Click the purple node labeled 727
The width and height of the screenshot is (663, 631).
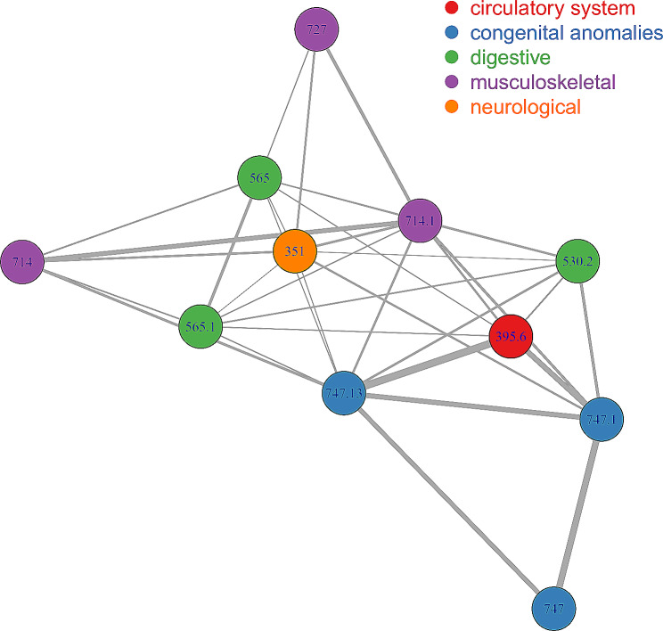[x=316, y=29]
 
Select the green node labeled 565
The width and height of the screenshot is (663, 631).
[x=259, y=177]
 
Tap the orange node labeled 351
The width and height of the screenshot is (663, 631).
[x=295, y=251]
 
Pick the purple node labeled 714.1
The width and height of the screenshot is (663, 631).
[x=420, y=220]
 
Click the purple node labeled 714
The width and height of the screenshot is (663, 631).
[x=22, y=262]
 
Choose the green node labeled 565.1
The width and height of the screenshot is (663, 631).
[x=201, y=326]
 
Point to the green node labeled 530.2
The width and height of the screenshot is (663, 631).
[x=577, y=261]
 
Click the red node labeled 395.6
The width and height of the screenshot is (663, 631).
[x=511, y=336]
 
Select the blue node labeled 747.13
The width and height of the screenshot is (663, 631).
[x=344, y=393]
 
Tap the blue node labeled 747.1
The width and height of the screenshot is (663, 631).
[x=602, y=419]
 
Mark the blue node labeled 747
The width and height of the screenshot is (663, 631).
[x=553, y=609]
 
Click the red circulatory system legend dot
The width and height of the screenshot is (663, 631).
[x=452, y=8]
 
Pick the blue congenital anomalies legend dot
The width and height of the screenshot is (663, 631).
[x=452, y=32]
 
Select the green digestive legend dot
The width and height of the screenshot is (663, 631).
[x=452, y=57]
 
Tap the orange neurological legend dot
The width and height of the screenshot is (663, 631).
[x=452, y=107]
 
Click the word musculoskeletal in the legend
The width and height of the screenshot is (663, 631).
[x=543, y=82]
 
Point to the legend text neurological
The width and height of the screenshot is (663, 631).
[x=526, y=108]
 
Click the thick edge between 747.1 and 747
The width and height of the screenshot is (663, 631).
[x=577, y=514]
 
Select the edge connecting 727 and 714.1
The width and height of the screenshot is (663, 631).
[x=368, y=125]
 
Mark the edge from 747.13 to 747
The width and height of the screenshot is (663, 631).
[x=448, y=501]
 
